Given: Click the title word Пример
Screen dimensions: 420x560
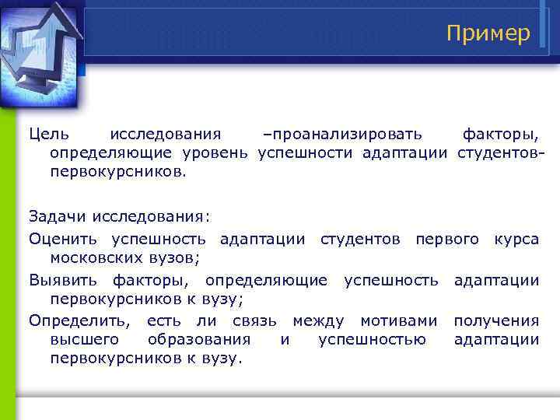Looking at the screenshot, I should click(488, 33).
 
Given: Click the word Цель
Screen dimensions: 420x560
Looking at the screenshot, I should click(49, 135).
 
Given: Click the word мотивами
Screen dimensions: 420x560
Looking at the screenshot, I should click(394, 320).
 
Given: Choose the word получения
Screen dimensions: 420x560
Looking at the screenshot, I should click(496, 320).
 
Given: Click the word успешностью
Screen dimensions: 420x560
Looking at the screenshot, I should click(372, 339).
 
